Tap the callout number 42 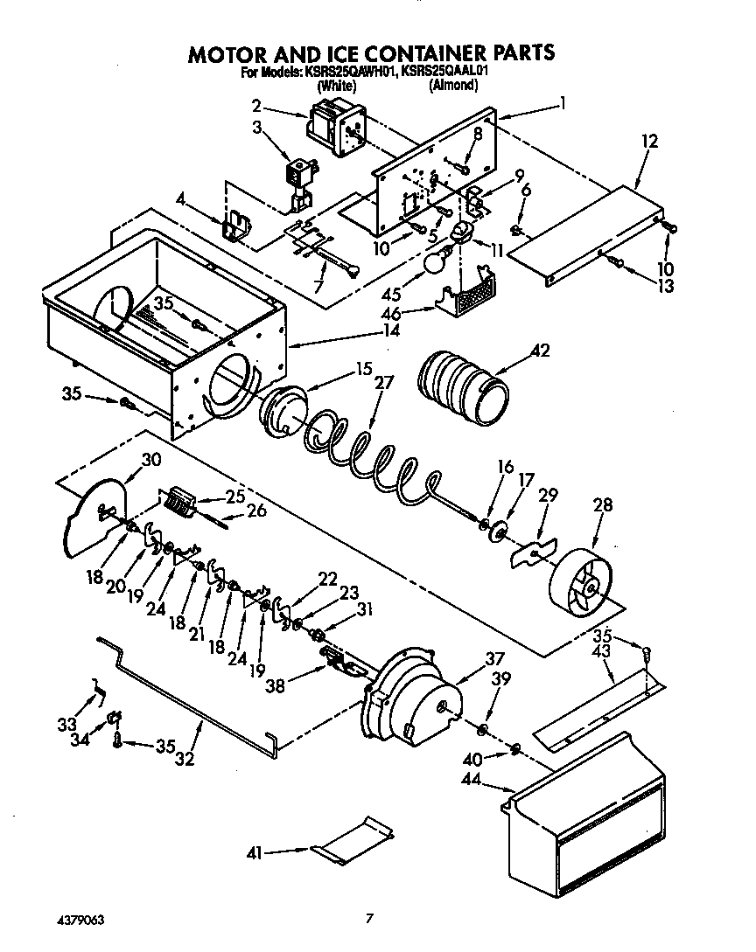(x=540, y=351)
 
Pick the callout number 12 (x=648, y=141)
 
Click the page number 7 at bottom (x=370, y=918)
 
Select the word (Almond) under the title (x=453, y=86)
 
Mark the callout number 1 (x=563, y=103)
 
